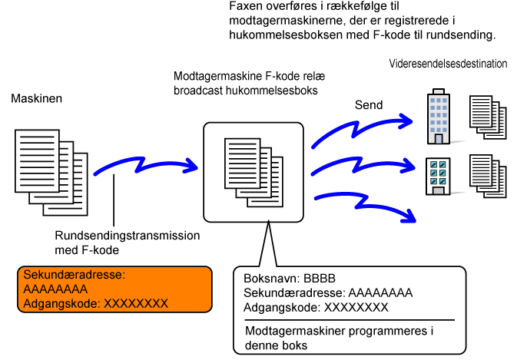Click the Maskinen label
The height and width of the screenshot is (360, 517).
pyautogui.click(x=36, y=100)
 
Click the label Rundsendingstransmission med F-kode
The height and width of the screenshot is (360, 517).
pyautogui.click(x=127, y=242)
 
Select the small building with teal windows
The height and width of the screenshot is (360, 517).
pyautogui.click(x=438, y=175)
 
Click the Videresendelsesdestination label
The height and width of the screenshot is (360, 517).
pyautogui.click(x=448, y=64)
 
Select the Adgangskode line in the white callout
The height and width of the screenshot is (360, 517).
pyautogui.click(x=315, y=307)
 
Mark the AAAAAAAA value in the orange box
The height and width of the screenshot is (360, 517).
pyautogui.click(x=55, y=289)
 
